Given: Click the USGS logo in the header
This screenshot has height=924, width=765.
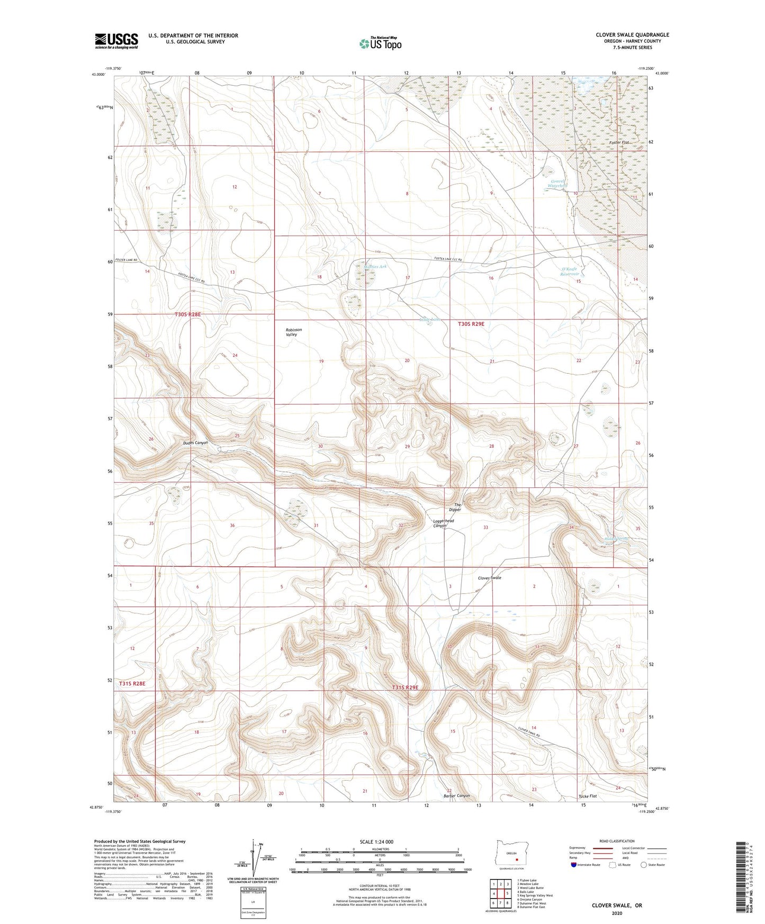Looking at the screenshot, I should (116, 41).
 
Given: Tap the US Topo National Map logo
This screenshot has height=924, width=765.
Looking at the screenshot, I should (380, 43).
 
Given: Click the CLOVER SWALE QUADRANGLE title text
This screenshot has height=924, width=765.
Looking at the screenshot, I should (632, 35).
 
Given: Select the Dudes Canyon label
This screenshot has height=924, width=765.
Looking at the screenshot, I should (196, 443).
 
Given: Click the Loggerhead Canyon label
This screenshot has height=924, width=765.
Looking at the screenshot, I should (444, 523).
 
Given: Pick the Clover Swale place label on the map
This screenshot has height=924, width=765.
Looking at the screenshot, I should (489, 578).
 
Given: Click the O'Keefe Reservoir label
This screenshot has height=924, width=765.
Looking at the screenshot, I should (570, 271).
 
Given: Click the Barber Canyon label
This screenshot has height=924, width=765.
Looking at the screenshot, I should (456, 796).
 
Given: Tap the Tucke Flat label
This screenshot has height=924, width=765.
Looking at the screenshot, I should (588, 796).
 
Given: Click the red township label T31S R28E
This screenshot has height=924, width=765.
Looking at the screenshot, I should (132, 684).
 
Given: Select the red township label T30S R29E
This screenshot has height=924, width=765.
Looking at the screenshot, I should (471, 323).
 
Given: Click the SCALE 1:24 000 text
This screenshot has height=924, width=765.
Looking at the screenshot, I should (376, 841).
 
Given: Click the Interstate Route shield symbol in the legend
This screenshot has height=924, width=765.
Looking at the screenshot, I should (574, 865).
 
